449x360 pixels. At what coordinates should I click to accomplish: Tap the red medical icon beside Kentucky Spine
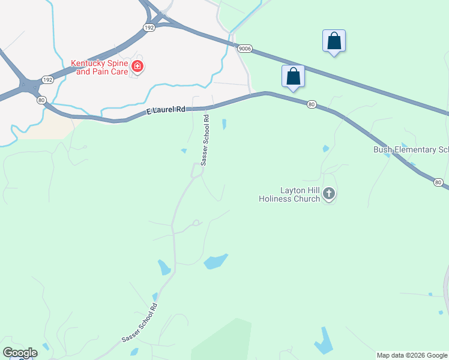(137, 66)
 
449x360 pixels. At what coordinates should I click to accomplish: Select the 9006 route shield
(244, 49)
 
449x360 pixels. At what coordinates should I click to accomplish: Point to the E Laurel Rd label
(166, 112)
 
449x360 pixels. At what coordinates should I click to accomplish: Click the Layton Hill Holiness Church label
(289, 194)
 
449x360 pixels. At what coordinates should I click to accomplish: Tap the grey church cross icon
(328, 193)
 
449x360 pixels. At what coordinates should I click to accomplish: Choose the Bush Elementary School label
(411, 149)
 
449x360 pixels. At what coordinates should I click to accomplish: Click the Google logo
(20, 352)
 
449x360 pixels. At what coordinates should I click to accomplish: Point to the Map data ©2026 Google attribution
(412, 355)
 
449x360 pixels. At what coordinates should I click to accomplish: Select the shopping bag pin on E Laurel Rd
(293, 77)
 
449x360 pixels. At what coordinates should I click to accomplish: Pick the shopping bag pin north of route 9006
(334, 41)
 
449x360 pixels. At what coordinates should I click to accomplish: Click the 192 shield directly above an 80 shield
(47, 79)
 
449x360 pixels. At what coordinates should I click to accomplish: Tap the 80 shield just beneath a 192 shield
(41, 100)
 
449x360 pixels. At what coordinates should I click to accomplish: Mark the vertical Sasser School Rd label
(205, 140)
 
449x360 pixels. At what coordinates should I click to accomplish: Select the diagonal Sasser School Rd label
(139, 323)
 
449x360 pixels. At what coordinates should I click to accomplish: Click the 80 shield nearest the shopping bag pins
(311, 104)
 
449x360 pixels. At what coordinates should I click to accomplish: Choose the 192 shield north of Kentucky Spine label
(149, 27)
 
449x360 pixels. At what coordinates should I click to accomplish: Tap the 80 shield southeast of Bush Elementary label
(438, 182)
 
